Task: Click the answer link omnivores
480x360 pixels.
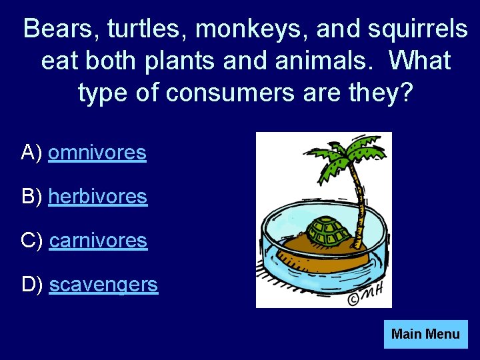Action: (97, 153)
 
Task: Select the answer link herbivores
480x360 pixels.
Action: (98, 197)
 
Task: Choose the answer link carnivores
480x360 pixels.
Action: (98, 240)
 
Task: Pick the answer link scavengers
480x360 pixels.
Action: (103, 285)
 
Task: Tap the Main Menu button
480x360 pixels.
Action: (425, 334)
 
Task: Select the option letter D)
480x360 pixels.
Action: (33, 285)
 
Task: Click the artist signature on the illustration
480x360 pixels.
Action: (366, 297)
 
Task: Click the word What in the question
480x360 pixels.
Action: (420, 61)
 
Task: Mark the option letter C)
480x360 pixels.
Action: (33, 240)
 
